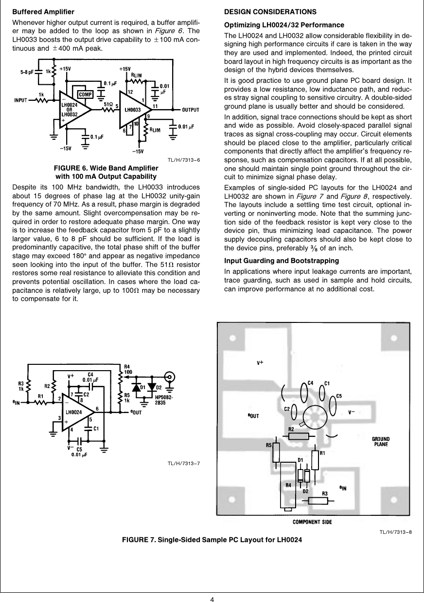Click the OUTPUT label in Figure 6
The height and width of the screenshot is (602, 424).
[192, 109]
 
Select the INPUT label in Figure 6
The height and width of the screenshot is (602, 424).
[20, 101]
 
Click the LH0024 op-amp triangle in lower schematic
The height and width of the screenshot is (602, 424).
[78, 412]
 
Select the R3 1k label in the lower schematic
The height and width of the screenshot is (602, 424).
[21, 386]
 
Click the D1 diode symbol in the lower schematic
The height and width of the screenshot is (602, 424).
[138, 388]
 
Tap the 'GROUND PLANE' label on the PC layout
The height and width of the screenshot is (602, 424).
[381, 441]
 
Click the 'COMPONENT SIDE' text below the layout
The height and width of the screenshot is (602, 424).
[312, 522]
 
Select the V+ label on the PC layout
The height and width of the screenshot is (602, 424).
[260, 363]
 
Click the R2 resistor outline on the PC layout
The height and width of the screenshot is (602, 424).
[298, 436]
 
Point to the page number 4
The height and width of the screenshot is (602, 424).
[212, 599]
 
